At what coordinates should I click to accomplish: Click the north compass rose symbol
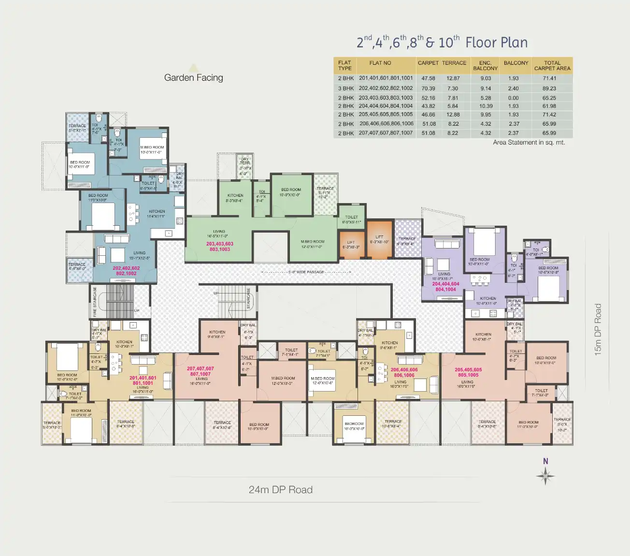pos(545,476)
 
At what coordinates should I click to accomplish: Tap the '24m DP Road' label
pos(280,490)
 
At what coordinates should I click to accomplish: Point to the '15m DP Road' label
pos(598,330)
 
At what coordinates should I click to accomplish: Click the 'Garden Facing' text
pos(193,77)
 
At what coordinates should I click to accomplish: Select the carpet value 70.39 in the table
pos(428,88)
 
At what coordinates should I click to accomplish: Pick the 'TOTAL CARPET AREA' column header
pos(552,66)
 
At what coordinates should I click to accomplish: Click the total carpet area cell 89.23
pos(549,88)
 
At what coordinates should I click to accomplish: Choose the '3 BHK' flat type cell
pos(346,88)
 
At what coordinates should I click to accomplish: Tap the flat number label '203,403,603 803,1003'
pos(220,247)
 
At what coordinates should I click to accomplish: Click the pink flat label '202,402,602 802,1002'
pos(126,271)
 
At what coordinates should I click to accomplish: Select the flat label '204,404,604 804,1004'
pos(445,287)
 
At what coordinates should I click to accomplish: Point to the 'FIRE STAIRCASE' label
pos(95,302)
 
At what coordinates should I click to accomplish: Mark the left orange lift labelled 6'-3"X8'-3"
pos(351,245)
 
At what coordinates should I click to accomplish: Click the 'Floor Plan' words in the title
pos(496,43)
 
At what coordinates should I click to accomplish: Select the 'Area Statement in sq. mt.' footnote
pos(529,143)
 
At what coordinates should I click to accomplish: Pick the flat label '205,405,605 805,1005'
pos(468,372)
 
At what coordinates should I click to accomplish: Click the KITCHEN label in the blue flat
pos(157,214)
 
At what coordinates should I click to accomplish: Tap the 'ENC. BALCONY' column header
pos(485,66)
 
